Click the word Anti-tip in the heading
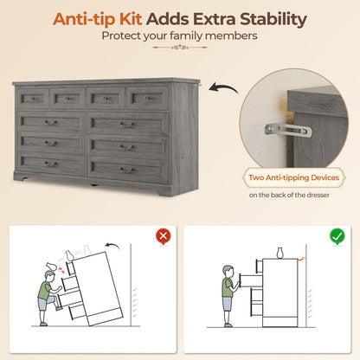pos(98,19)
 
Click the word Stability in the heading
pos(273,20)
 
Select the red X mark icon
pos(164,236)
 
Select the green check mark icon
pos(337,236)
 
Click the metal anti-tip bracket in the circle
pos(288,130)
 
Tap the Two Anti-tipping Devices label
pos(294,177)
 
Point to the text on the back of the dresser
pos(289,195)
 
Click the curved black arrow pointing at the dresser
pos(223,87)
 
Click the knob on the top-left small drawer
pos(32,99)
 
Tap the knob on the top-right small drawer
pos(147,99)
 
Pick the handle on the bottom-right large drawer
pos(126,170)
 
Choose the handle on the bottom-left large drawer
pos(50,164)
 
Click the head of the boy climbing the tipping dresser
pos(50,276)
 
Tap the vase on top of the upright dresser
pos(280,253)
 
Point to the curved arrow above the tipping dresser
pos(112,246)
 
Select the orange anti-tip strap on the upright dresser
pos(301,259)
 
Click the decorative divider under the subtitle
pos(180,47)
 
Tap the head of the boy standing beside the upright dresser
pos(228,271)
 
